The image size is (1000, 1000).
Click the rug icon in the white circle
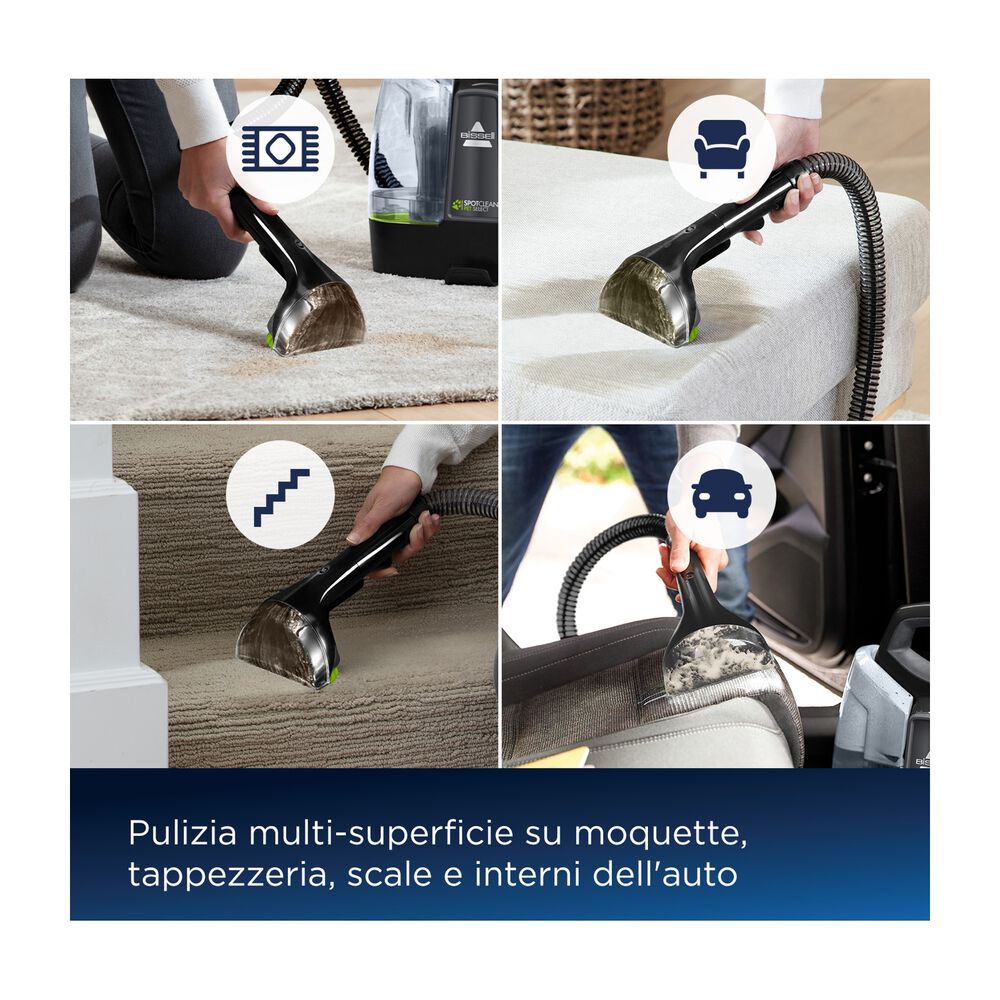pyautogui.click(x=280, y=149)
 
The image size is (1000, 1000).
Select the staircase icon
pyautogui.click(x=281, y=497)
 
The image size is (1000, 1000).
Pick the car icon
pyautogui.click(x=721, y=494)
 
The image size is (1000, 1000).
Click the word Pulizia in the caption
pyautogui.click(x=182, y=833)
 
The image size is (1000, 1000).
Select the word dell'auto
pyautogui.click(x=665, y=874)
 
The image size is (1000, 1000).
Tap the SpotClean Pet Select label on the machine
pyautogui.click(x=474, y=206)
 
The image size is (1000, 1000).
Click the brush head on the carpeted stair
pyautogui.click(x=288, y=641)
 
